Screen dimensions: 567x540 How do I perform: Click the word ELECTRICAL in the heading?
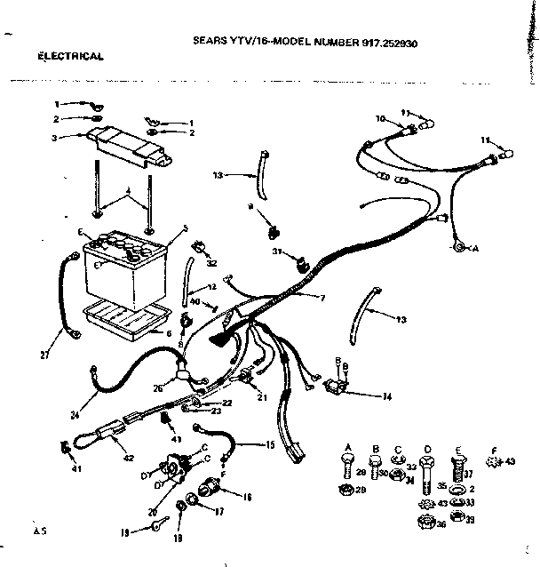(x=70, y=55)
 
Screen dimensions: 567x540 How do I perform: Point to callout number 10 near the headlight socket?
(x=379, y=118)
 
